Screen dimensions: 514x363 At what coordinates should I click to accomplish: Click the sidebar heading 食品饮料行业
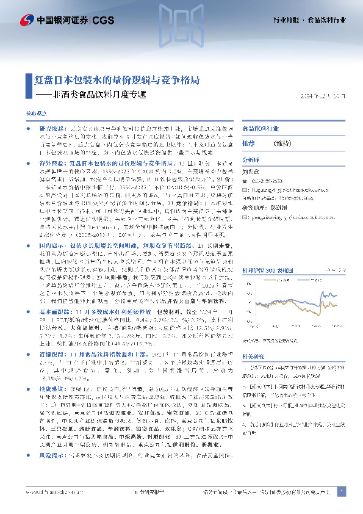point(262,129)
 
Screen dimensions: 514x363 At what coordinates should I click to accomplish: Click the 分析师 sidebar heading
point(251,157)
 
